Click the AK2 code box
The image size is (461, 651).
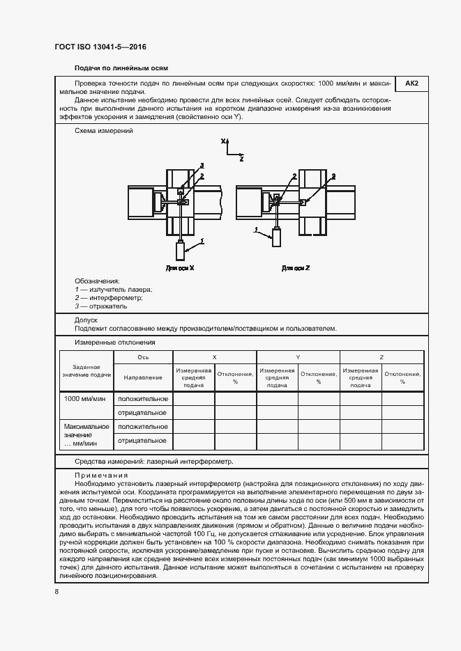click(411, 84)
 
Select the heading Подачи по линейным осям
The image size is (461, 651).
click(121, 68)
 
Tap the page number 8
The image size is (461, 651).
click(56, 592)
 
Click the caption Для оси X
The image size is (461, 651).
click(180, 267)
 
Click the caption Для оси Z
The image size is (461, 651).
click(296, 267)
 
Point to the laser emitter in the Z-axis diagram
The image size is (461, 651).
click(277, 238)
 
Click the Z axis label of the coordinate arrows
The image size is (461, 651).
click(241, 159)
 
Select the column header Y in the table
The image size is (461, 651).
click(298, 356)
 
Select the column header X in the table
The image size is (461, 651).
click(214, 356)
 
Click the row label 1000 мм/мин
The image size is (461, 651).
click(85, 398)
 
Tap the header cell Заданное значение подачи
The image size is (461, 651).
click(86, 370)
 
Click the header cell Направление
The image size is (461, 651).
click(142, 377)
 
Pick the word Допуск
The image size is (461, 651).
click(86, 320)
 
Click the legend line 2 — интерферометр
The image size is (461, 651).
click(108, 297)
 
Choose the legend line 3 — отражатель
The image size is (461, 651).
click(101, 306)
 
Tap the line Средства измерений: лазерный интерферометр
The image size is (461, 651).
click(153, 461)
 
